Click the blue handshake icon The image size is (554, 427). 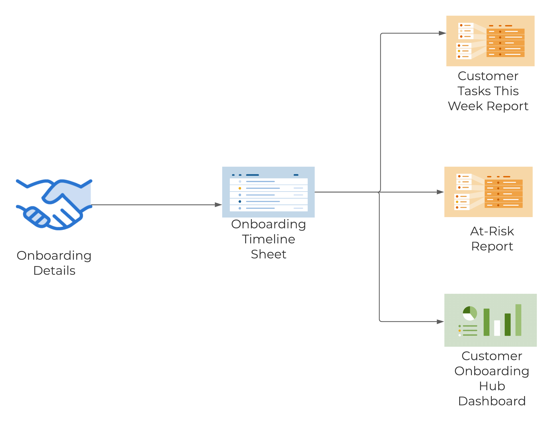pos(54,204)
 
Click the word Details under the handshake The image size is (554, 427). pos(54,271)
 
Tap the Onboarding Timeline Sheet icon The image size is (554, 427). pos(268,192)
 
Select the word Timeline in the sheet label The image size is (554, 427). pos(268,239)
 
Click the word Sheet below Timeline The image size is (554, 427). pos(268,254)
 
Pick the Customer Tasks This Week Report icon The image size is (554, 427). pos(490,41)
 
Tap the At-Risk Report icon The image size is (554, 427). pos(488,192)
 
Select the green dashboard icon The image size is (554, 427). pos(490,320)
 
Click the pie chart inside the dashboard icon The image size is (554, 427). pos(470,313)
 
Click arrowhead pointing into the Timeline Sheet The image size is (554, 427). pos(218,205)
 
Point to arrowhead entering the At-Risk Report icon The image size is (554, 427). pos(440,192)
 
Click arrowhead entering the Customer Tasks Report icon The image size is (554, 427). pos(442,33)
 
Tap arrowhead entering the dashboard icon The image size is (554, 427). pos(440,322)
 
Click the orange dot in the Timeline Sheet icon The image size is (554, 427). pos(240,188)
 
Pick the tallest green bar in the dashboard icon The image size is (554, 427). pos(518,320)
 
